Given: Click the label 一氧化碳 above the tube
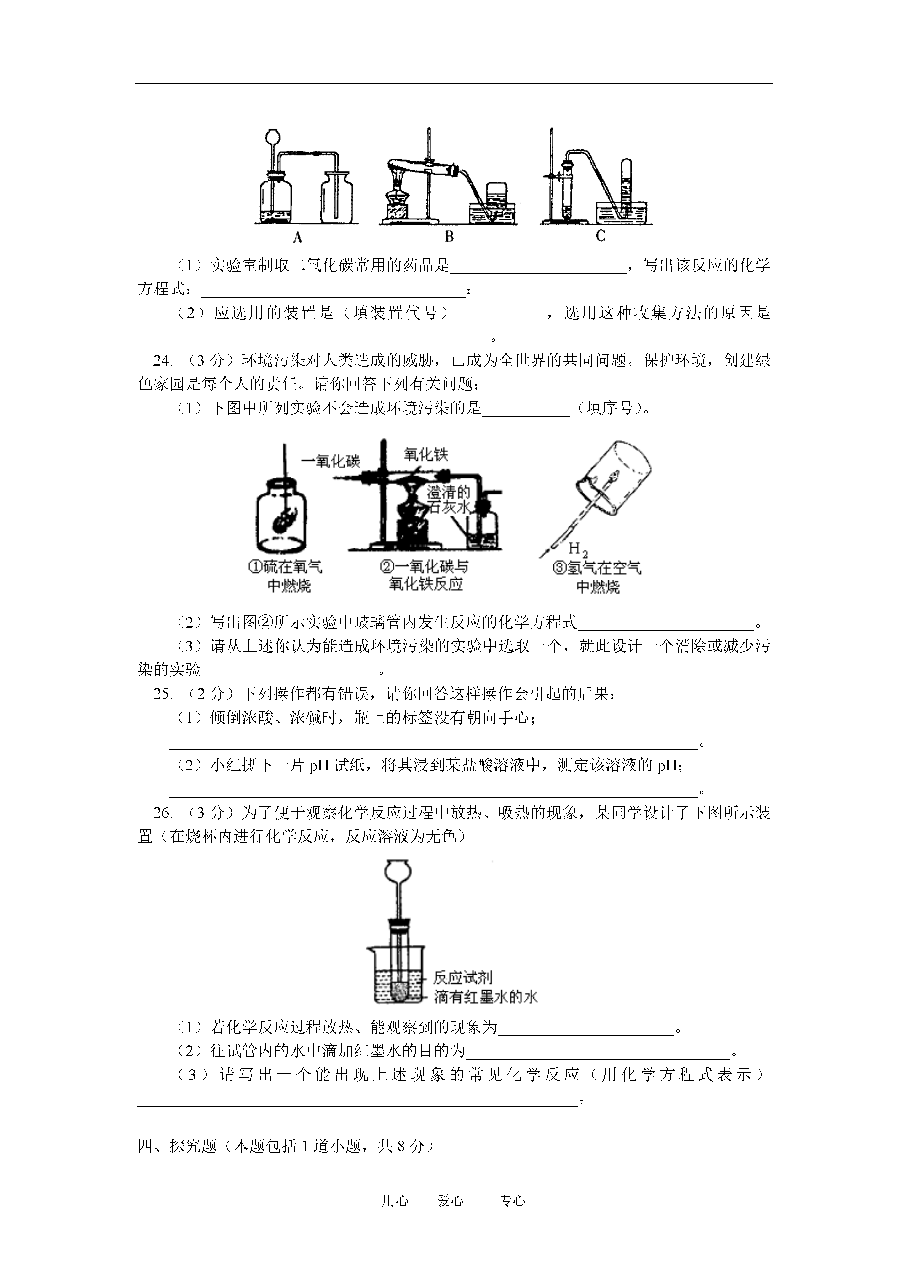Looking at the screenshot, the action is [x=331, y=461].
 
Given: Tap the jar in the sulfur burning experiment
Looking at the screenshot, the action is [x=281, y=515].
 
